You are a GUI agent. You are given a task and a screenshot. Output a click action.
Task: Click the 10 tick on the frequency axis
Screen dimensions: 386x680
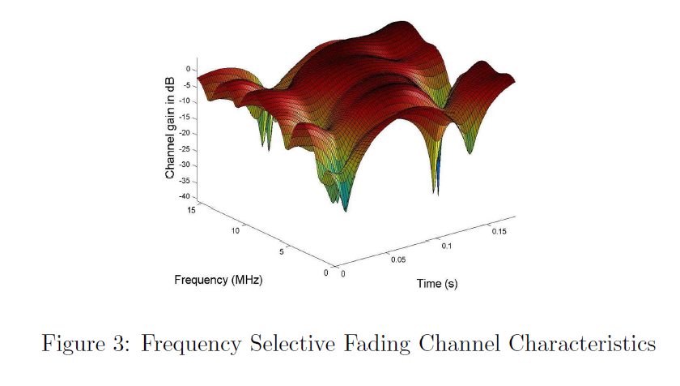(236, 231)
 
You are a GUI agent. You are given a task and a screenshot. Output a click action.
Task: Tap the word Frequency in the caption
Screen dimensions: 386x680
(190, 345)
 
